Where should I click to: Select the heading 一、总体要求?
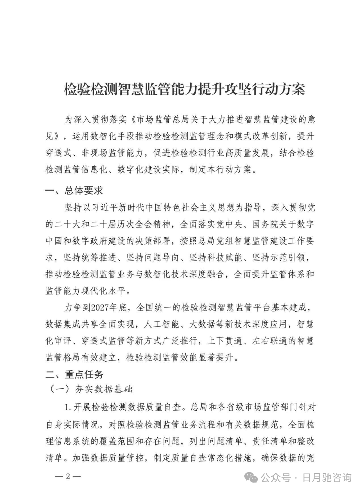[74, 191]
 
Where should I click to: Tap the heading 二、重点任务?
[74, 374]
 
